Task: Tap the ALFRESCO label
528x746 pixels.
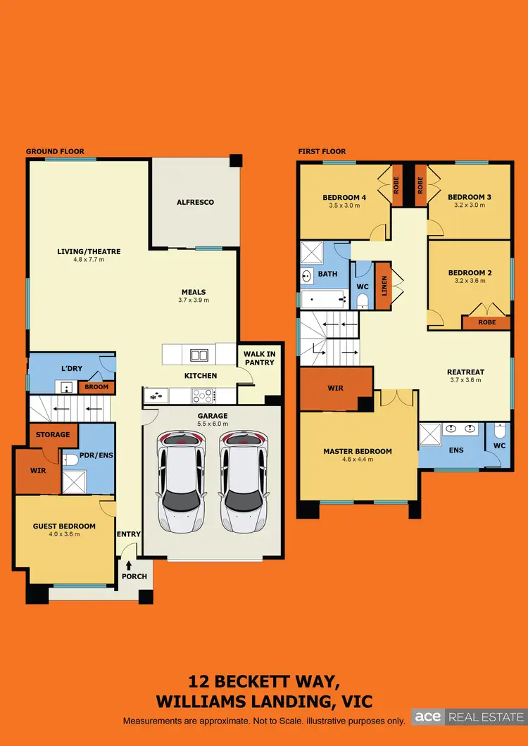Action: pyautogui.click(x=195, y=203)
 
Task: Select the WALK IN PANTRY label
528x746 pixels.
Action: pyautogui.click(x=259, y=358)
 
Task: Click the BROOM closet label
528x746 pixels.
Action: pyautogui.click(x=97, y=387)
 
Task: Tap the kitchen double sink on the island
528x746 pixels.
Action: pyautogui.click(x=199, y=355)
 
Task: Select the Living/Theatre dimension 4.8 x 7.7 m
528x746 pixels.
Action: pyautogui.click(x=89, y=260)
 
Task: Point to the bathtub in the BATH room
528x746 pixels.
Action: pyautogui.click(x=323, y=301)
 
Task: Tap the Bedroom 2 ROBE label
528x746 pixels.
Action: pyautogui.click(x=486, y=322)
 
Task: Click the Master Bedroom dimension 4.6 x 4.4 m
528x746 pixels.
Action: pyautogui.click(x=357, y=460)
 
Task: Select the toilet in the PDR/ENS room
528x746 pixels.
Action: pyautogui.click(x=70, y=460)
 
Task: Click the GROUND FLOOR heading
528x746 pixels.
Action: pyautogui.click(x=55, y=151)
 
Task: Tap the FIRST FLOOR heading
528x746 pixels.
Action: pyautogui.click(x=322, y=151)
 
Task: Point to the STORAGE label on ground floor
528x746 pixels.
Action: pyautogui.click(x=53, y=434)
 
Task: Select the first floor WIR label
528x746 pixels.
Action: pyautogui.click(x=335, y=388)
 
